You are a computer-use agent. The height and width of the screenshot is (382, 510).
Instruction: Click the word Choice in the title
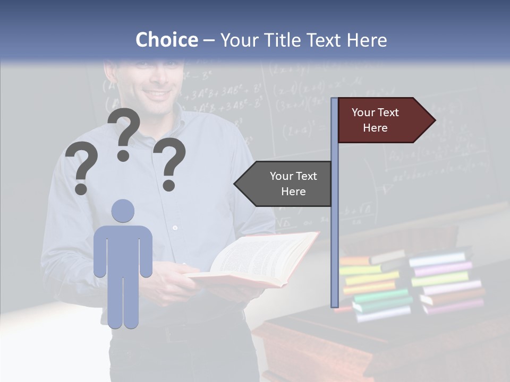point(166,40)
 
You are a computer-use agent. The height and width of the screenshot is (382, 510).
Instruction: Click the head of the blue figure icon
point(123,211)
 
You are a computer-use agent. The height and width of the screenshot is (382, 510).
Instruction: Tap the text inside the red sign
point(375,120)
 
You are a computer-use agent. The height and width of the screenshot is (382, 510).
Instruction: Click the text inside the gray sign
point(293,184)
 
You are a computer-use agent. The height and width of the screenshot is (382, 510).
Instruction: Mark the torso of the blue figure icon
point(123,249)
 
